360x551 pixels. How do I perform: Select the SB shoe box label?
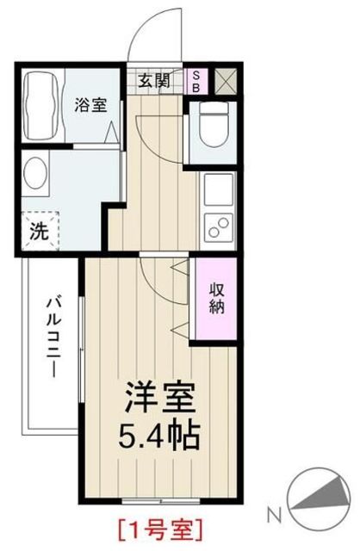196,82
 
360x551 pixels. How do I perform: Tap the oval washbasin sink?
39,176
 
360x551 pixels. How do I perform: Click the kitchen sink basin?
216,187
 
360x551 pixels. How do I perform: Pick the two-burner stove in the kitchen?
216,226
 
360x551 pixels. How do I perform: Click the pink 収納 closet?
215,296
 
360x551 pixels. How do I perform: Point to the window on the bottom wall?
155,500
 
